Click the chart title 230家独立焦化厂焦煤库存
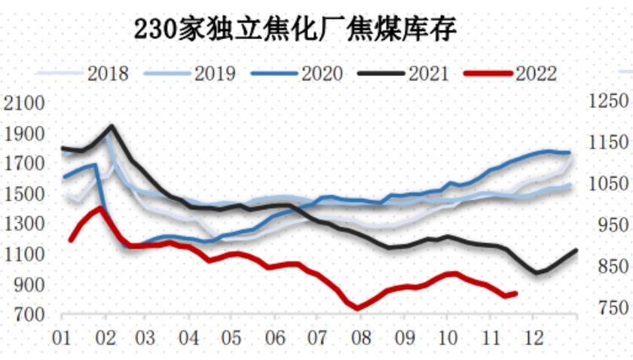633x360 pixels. coord(295,29)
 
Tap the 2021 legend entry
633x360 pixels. coord(428,74)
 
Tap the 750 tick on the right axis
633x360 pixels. coord(607,308)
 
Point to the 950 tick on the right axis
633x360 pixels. coord(607,225)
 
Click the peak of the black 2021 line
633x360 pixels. coord(112,127)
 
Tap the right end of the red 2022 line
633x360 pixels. coord(515,293)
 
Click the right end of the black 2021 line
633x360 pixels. coord(576,250)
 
